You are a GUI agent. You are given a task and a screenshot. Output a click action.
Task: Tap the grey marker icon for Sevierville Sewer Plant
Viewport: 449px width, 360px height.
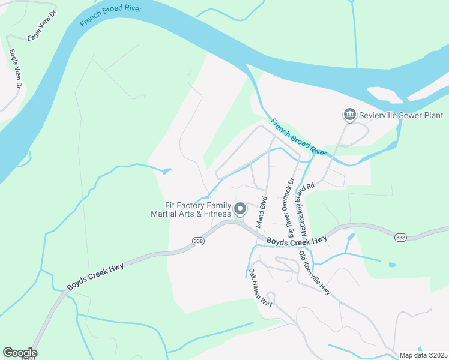click(349, 114)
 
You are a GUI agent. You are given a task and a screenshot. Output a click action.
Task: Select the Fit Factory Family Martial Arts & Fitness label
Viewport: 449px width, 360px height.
click(190, 209)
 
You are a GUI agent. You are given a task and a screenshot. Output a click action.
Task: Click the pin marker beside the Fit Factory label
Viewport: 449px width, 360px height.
click(240, 209)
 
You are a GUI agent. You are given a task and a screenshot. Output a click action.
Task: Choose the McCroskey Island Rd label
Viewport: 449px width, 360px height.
click(308, 209)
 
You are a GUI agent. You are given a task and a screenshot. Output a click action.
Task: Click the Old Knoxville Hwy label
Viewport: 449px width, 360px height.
click(314, 272)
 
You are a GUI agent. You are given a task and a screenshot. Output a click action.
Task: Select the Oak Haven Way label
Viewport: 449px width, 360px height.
click(261, 289)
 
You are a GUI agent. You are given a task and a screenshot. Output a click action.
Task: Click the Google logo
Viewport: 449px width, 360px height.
click(20, 353)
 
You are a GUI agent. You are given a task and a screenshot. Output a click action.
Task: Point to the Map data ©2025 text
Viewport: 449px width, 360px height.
click(424, 355)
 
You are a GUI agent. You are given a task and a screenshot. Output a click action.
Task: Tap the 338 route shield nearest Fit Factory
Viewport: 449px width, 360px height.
click(198, 241)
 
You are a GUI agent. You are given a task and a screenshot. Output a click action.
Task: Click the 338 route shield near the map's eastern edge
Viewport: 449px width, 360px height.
click(400, 238)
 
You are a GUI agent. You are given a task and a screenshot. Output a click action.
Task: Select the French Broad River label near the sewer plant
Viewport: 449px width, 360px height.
click(298, 137)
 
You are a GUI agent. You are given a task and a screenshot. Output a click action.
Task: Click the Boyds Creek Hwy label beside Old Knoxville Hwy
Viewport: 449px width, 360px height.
click(296, 241)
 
